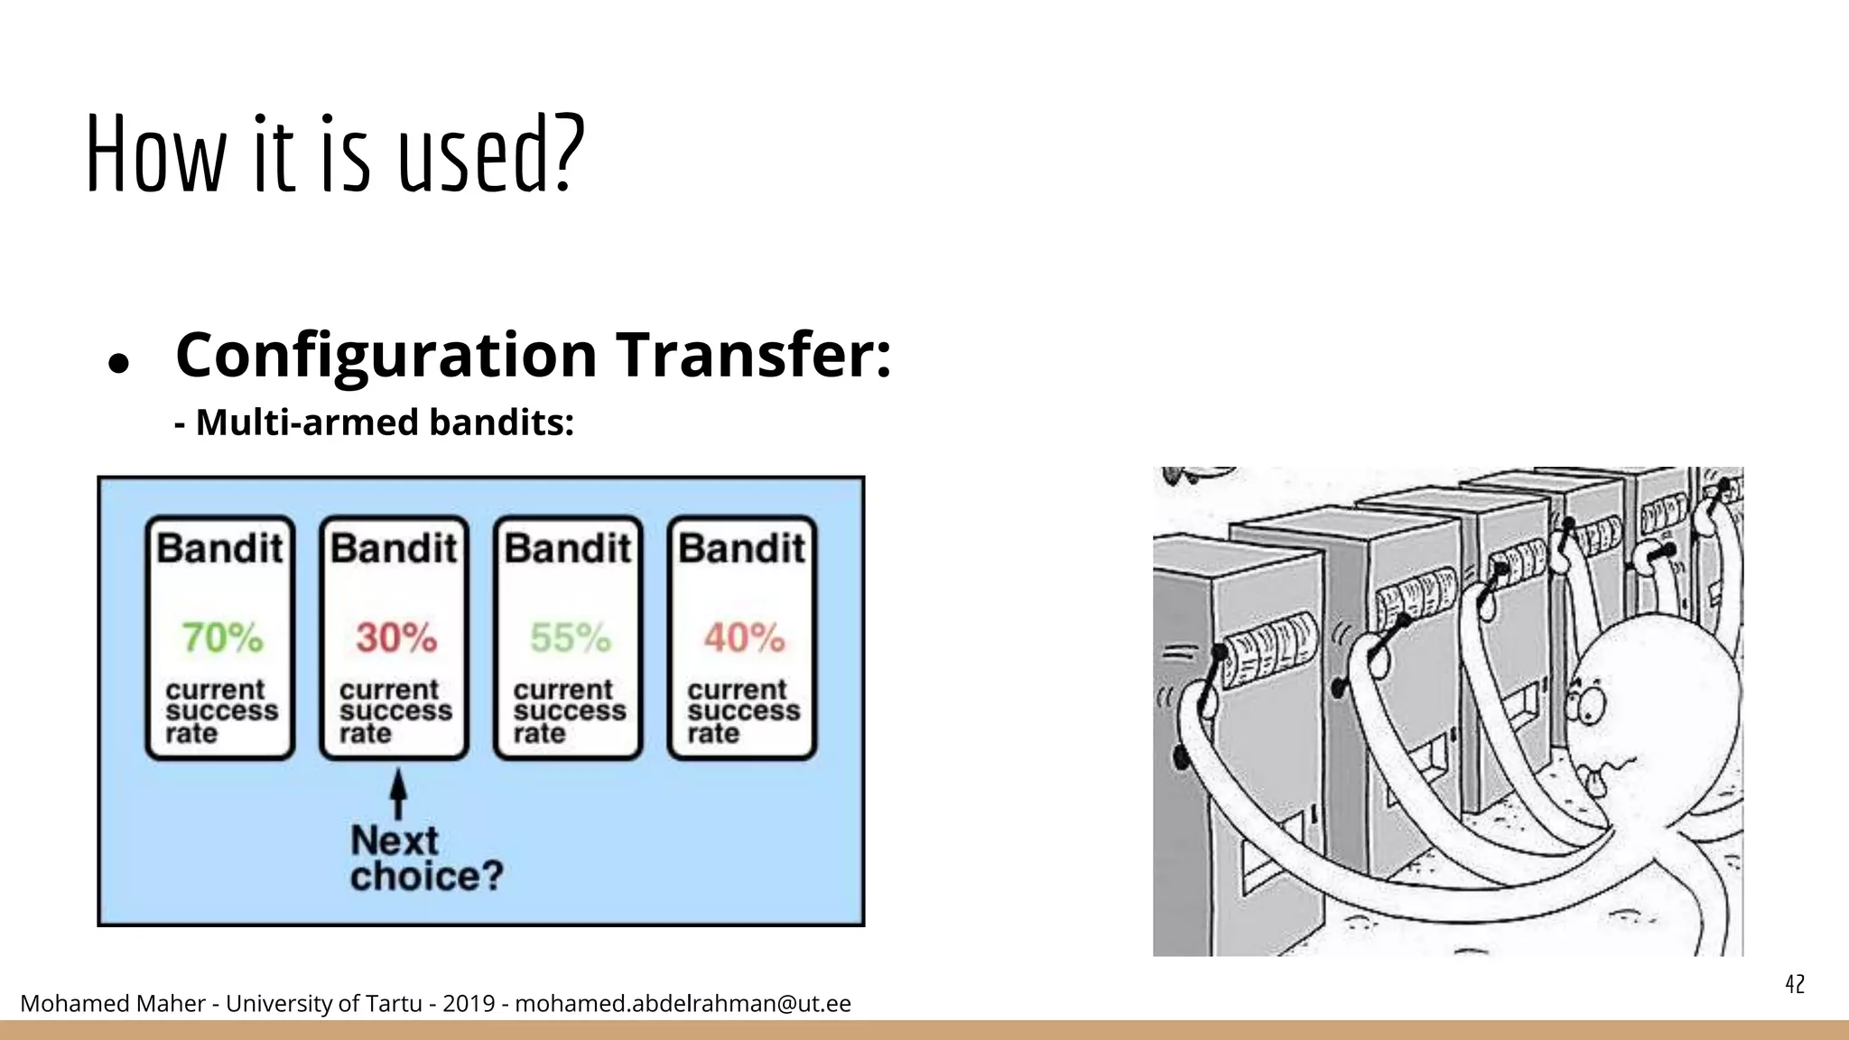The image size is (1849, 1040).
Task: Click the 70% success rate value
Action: pos(222,637)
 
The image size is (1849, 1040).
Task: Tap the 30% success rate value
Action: pos(396,637)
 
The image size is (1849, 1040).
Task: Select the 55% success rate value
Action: pos(570,637)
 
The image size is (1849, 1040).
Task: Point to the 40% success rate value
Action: pos(744,637)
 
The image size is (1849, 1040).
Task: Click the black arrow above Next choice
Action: pos(397,794)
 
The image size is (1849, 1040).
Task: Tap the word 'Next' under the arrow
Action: pos(395,840)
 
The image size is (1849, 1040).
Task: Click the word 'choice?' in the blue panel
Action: pos(426,876)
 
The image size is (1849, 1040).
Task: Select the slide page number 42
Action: pos(1795,984)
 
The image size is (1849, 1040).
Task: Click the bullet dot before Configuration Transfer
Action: pos(118,363)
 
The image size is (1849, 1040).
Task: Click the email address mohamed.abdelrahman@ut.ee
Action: pos(683,1003)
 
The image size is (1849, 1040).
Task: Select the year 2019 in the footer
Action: pos(469,1003)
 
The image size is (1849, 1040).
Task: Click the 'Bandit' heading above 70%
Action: pos(219,548)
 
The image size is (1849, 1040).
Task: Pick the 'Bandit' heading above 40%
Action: pos(742,548)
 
